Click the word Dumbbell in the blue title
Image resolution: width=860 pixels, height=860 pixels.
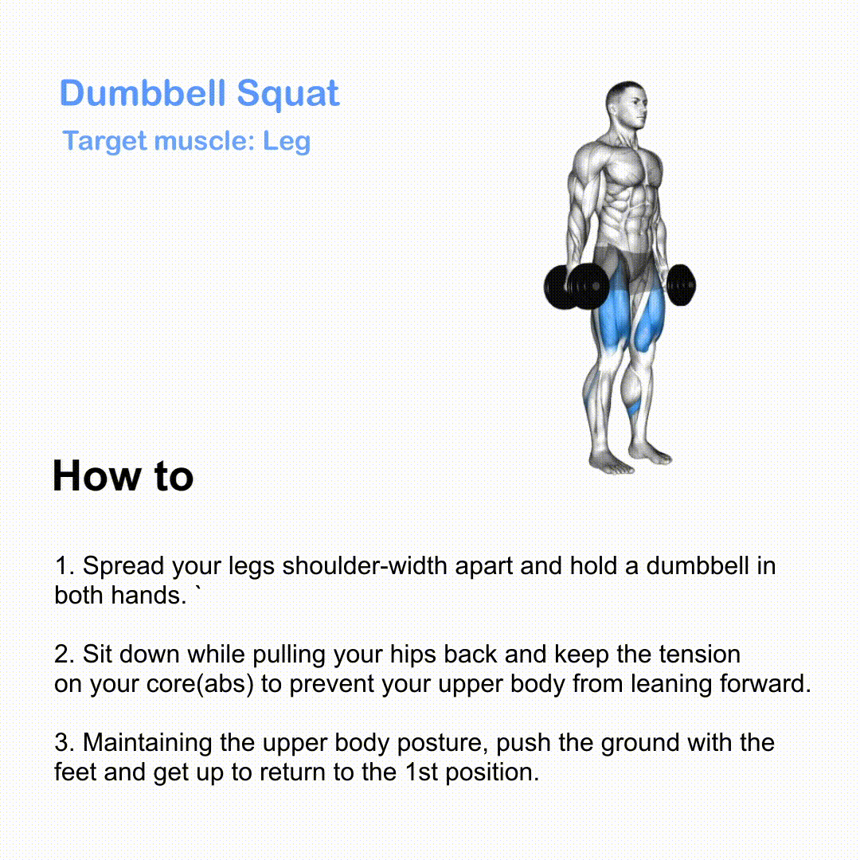143,92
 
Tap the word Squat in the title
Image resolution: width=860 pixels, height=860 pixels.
288,94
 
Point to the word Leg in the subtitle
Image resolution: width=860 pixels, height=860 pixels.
287,142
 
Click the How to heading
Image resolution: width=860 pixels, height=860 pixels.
123,475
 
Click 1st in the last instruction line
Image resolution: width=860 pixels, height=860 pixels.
421,772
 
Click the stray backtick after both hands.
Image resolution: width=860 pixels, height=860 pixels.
198,590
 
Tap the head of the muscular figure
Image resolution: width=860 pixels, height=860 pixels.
627,105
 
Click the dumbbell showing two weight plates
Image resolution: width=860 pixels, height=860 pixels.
577,287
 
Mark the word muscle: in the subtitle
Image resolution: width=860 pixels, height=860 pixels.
205,142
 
